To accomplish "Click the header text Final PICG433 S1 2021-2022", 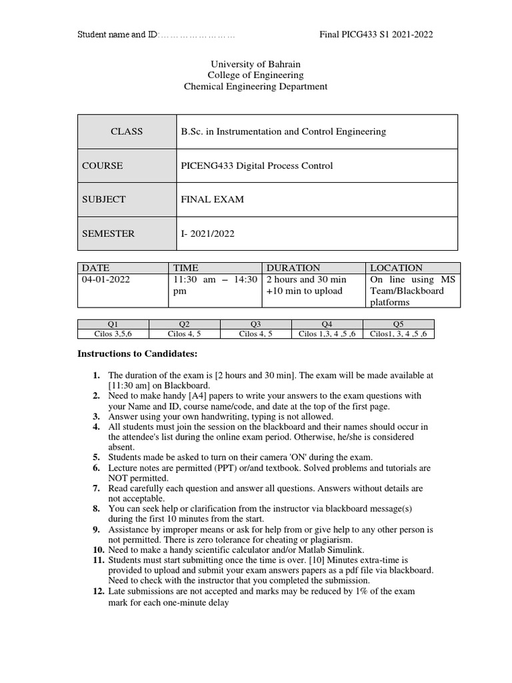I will [x=377, y=35].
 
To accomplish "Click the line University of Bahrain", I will [x=256, y=64].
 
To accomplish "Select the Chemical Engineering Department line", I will [x=256, y=86].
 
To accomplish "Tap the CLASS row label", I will [x=127, y=131].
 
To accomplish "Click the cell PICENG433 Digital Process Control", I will [x=257, y=165].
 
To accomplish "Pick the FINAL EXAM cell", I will [x=213, y=199].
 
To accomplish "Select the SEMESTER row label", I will [x=109, y=233].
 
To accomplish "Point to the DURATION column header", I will [x=293, y=267].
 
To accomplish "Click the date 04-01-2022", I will [x=106, y=279].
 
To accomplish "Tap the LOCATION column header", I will [x=397, y=267].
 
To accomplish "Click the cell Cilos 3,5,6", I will [x=113, y=334].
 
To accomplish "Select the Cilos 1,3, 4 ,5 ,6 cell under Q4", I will [x=327, y=334].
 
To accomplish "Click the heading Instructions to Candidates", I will [x=138, y=354].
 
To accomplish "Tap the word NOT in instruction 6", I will [x=121, y=478].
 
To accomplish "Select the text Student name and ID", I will [x=117, y=35].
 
